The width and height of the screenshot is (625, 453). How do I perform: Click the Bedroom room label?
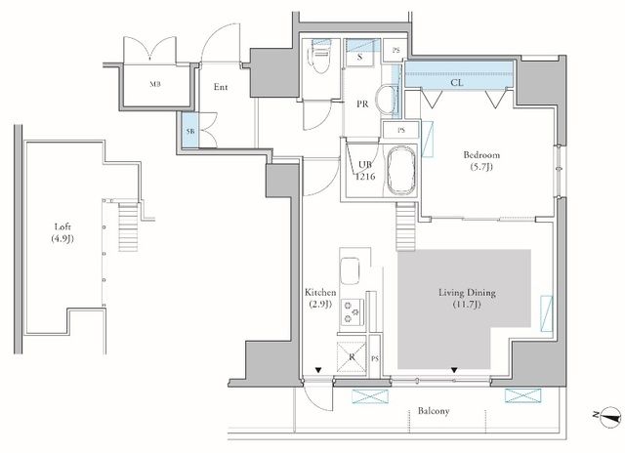tap(481, 154)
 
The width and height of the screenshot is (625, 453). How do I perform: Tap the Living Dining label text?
tap(467, 293)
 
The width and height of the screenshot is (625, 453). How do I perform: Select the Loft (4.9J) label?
tap(62, 232)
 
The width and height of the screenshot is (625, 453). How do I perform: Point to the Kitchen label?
tap(320, 292)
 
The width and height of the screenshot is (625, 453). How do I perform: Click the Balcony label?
tap(434, 411)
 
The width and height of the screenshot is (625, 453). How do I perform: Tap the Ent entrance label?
tap(221, 87)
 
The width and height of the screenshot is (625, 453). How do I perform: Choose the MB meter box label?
tap(155, 84)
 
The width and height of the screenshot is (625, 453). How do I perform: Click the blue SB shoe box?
tap(190, 130)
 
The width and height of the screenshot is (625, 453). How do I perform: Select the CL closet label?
tap(457, 82)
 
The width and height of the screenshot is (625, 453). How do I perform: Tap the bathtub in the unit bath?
tap(401, 171)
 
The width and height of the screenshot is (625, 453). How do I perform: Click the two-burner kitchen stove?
tap(352, 310)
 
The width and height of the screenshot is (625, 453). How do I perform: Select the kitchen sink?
tap(350, 271)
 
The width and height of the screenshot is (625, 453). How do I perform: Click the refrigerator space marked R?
tap(352, 357)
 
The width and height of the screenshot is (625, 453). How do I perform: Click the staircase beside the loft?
tap(128, 226)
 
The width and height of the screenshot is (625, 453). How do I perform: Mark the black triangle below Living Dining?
tap(454, 371)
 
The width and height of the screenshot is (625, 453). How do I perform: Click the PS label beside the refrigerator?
tap(375, 359)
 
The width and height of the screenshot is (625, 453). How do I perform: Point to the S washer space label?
tap(360, 57)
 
